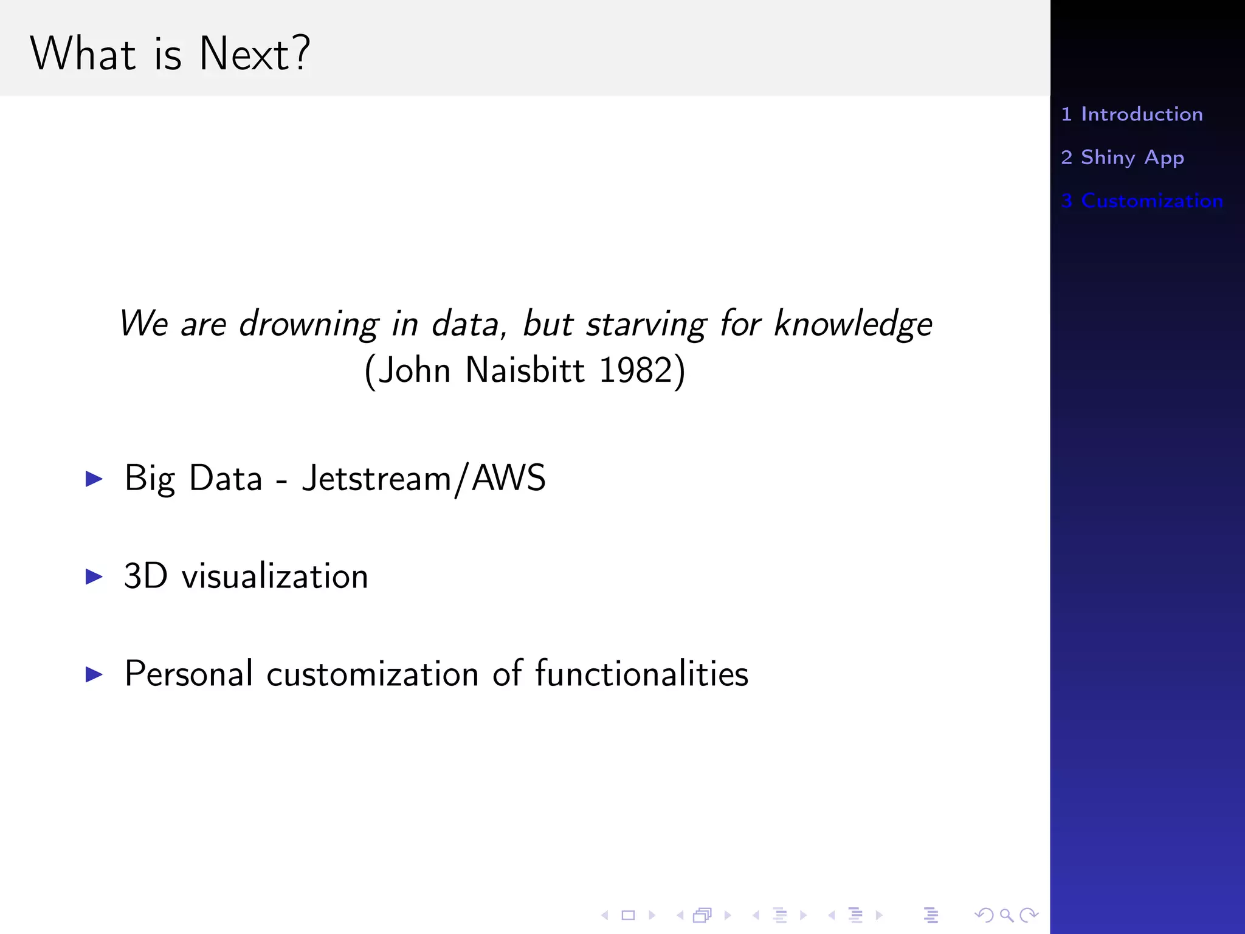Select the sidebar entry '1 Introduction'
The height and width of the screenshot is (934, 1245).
(1131, 114)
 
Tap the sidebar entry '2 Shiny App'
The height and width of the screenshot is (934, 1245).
(1122, 157)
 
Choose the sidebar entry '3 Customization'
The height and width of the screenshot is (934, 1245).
(1142, 201)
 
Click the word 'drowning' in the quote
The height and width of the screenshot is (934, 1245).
(309, 323)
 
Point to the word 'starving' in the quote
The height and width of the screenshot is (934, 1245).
(646, 323)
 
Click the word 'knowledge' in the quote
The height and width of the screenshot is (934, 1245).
(853, 323)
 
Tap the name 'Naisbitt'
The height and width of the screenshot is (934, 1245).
(525, 370)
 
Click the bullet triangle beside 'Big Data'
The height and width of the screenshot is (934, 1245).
(94, 479)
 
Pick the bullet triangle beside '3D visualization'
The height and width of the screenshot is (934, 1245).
(94, 576)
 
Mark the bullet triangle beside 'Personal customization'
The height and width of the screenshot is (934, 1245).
(94, 674)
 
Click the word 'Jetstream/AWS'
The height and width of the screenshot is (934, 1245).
(424, 479)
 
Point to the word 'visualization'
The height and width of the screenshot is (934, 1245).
(275, 576)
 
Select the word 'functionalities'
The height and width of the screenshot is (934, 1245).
(641, 674)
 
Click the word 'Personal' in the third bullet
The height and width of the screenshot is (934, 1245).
(188, 674)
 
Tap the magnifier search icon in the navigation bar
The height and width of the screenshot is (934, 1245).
(1006, 915)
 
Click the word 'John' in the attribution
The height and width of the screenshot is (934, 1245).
(414, 370)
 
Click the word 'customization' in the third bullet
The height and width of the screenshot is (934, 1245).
(373, 674)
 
